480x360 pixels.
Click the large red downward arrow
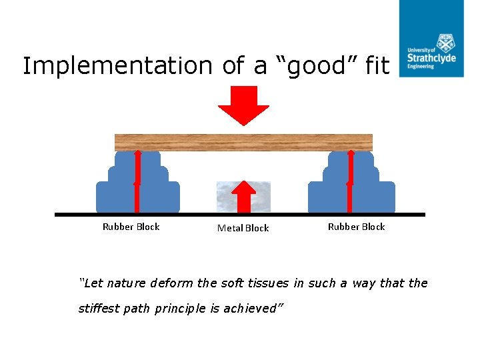pyautogui.click(x=243, y=107)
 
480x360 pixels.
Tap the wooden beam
pyautogui.click(x=243, y=142)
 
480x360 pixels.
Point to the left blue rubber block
pyautogui.click(x=120, y=190)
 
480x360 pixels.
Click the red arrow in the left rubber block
pyautogui.click(x=137, y=181)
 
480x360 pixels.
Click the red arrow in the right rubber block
pyautogui.click(x=350, y=181)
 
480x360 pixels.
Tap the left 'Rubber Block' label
pyautogui.click(x=131, y=227)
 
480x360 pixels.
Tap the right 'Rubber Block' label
pyautogui.click(x=356, y=227)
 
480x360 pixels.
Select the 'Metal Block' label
pyautogui.click(x=243, y=228)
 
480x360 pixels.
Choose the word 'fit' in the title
pyautogui.click(x=377, y=66)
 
